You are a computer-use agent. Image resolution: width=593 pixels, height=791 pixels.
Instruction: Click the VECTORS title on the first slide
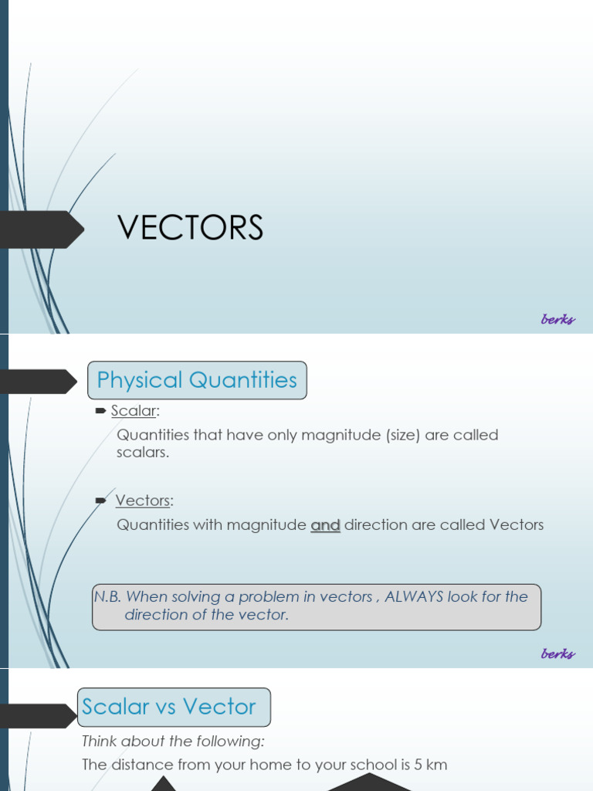click(x=190, y=228)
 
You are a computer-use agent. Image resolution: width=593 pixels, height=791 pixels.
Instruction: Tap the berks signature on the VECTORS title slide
click(x=557, y=319)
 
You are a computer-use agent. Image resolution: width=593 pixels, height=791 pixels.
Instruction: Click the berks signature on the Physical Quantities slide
click(x=557, y=654)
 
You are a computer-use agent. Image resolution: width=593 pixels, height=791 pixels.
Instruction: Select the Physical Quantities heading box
click(x=197, y=380)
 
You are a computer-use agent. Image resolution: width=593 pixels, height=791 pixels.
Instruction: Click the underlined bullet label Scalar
click(x=133, y=411)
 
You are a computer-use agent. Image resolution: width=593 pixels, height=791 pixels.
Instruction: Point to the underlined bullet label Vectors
click(x=143, y=501)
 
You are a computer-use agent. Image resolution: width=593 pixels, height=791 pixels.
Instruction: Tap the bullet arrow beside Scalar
click(x=100, y=411)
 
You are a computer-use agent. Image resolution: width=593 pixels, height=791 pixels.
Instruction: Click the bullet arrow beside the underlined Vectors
click(x=100, y=501)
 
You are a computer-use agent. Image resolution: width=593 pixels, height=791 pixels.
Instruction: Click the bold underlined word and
click(x=325, y=525)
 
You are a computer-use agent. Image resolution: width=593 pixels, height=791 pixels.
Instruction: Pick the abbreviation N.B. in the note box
click(x=107, y=596)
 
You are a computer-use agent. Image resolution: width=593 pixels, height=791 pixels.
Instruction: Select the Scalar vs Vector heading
click(x=169, y=707)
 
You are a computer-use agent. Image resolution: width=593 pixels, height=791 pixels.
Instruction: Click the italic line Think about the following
click(x=173, y=742)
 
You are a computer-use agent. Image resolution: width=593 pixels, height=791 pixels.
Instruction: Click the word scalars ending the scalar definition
click(x=142, y=453)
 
